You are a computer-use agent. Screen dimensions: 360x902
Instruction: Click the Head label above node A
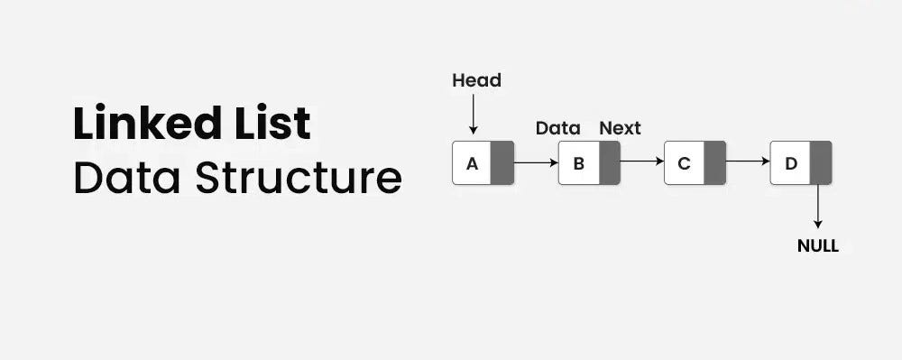pyautogui.click(x=476, y=80)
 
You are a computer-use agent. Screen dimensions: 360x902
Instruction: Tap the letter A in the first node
pyautogui.click(x=472, y=163)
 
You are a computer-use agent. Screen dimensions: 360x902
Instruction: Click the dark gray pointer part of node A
pyautogui.click(x=502, y=163)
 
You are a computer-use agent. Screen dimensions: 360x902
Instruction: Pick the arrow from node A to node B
pyautogui.click(x=536, y=163)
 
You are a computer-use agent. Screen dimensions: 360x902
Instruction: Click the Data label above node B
pyautogui.click(x=557, y=128)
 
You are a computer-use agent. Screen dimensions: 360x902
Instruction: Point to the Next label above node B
pyautogui.click(x=620, y=128)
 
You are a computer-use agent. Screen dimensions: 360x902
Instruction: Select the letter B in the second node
pyautogui.click(x=578, y=163)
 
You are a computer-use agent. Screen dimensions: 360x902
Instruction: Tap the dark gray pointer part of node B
pyautogui.click(x=609, y=163)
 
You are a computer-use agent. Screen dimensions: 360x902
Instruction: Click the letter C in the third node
pyautogui.click(x=684, y=163)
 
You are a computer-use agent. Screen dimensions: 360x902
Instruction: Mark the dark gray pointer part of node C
pyautogui.click(x=714, y=163)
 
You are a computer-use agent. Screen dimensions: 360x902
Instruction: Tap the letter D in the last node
pyautogui.click(x=791, y=163)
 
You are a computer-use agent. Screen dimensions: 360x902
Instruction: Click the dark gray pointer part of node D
pyautogui.click(x=821, y=163)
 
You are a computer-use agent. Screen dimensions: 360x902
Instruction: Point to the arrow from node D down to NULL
pyautogui.click(x=818, y=207)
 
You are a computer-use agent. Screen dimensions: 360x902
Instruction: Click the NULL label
pyautogui.click(x=818, y=245)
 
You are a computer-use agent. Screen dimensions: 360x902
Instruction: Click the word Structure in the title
pyautogui.click(x=298, y=177)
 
